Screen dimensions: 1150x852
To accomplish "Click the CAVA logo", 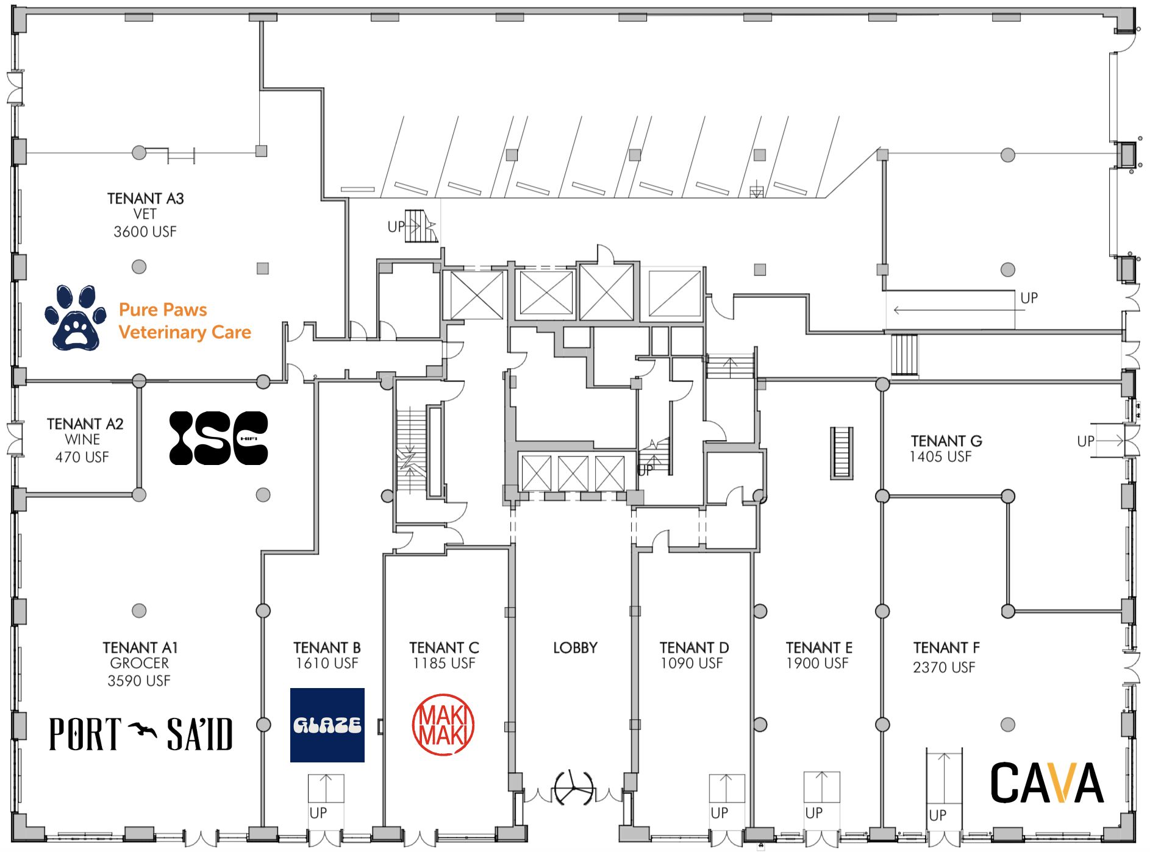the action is (1047, 783).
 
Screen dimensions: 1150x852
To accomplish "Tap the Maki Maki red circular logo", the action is (443, 725).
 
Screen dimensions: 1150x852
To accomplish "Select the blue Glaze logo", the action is (327, 725).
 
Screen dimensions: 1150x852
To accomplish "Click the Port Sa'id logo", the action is (141, 733).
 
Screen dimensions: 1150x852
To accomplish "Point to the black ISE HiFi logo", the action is (218, 438).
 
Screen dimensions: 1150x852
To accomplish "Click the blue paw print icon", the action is (76, 318).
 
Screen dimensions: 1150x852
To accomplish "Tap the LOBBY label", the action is (575, 648).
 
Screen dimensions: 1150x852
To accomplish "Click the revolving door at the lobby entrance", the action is (574, 789).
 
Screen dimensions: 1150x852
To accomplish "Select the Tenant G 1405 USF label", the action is (946, 449).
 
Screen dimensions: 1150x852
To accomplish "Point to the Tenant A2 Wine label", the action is (85, 440).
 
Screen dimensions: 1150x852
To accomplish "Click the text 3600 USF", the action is (145, 232).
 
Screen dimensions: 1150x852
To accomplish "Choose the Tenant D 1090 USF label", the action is (694, 655).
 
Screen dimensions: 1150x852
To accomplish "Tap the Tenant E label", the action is (819, 647).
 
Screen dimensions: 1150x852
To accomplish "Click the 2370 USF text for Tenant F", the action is (944, 667).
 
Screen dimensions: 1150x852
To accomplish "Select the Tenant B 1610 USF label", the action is (327, 655).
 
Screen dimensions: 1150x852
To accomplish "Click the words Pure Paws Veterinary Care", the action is (185, 321).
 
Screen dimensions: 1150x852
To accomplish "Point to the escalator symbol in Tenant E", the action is (841, 453).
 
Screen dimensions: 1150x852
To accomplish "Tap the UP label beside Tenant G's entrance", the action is (1085, 441).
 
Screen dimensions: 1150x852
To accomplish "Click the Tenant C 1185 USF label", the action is (444, 655).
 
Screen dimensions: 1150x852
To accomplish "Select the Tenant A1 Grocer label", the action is (140, 664).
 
